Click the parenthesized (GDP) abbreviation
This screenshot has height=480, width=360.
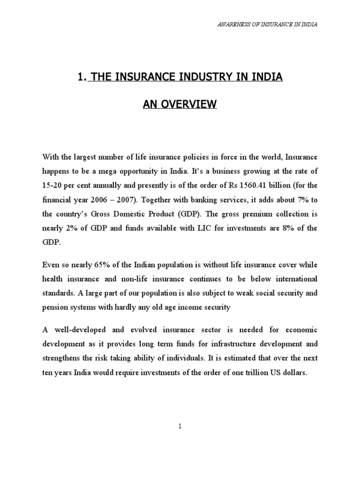[x=178, y=214]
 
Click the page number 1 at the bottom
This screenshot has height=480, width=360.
[x=180, y=427]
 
